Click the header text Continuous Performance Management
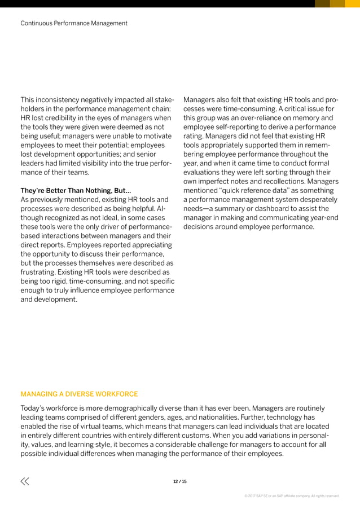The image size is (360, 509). [74, 23]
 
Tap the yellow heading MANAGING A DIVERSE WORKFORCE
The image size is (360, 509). [79, 394]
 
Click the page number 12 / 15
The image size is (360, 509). [180, 481]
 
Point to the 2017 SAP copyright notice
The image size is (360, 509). [291, 496]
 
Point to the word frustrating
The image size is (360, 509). [39, 273]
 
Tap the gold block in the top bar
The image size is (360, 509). [337, 3]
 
